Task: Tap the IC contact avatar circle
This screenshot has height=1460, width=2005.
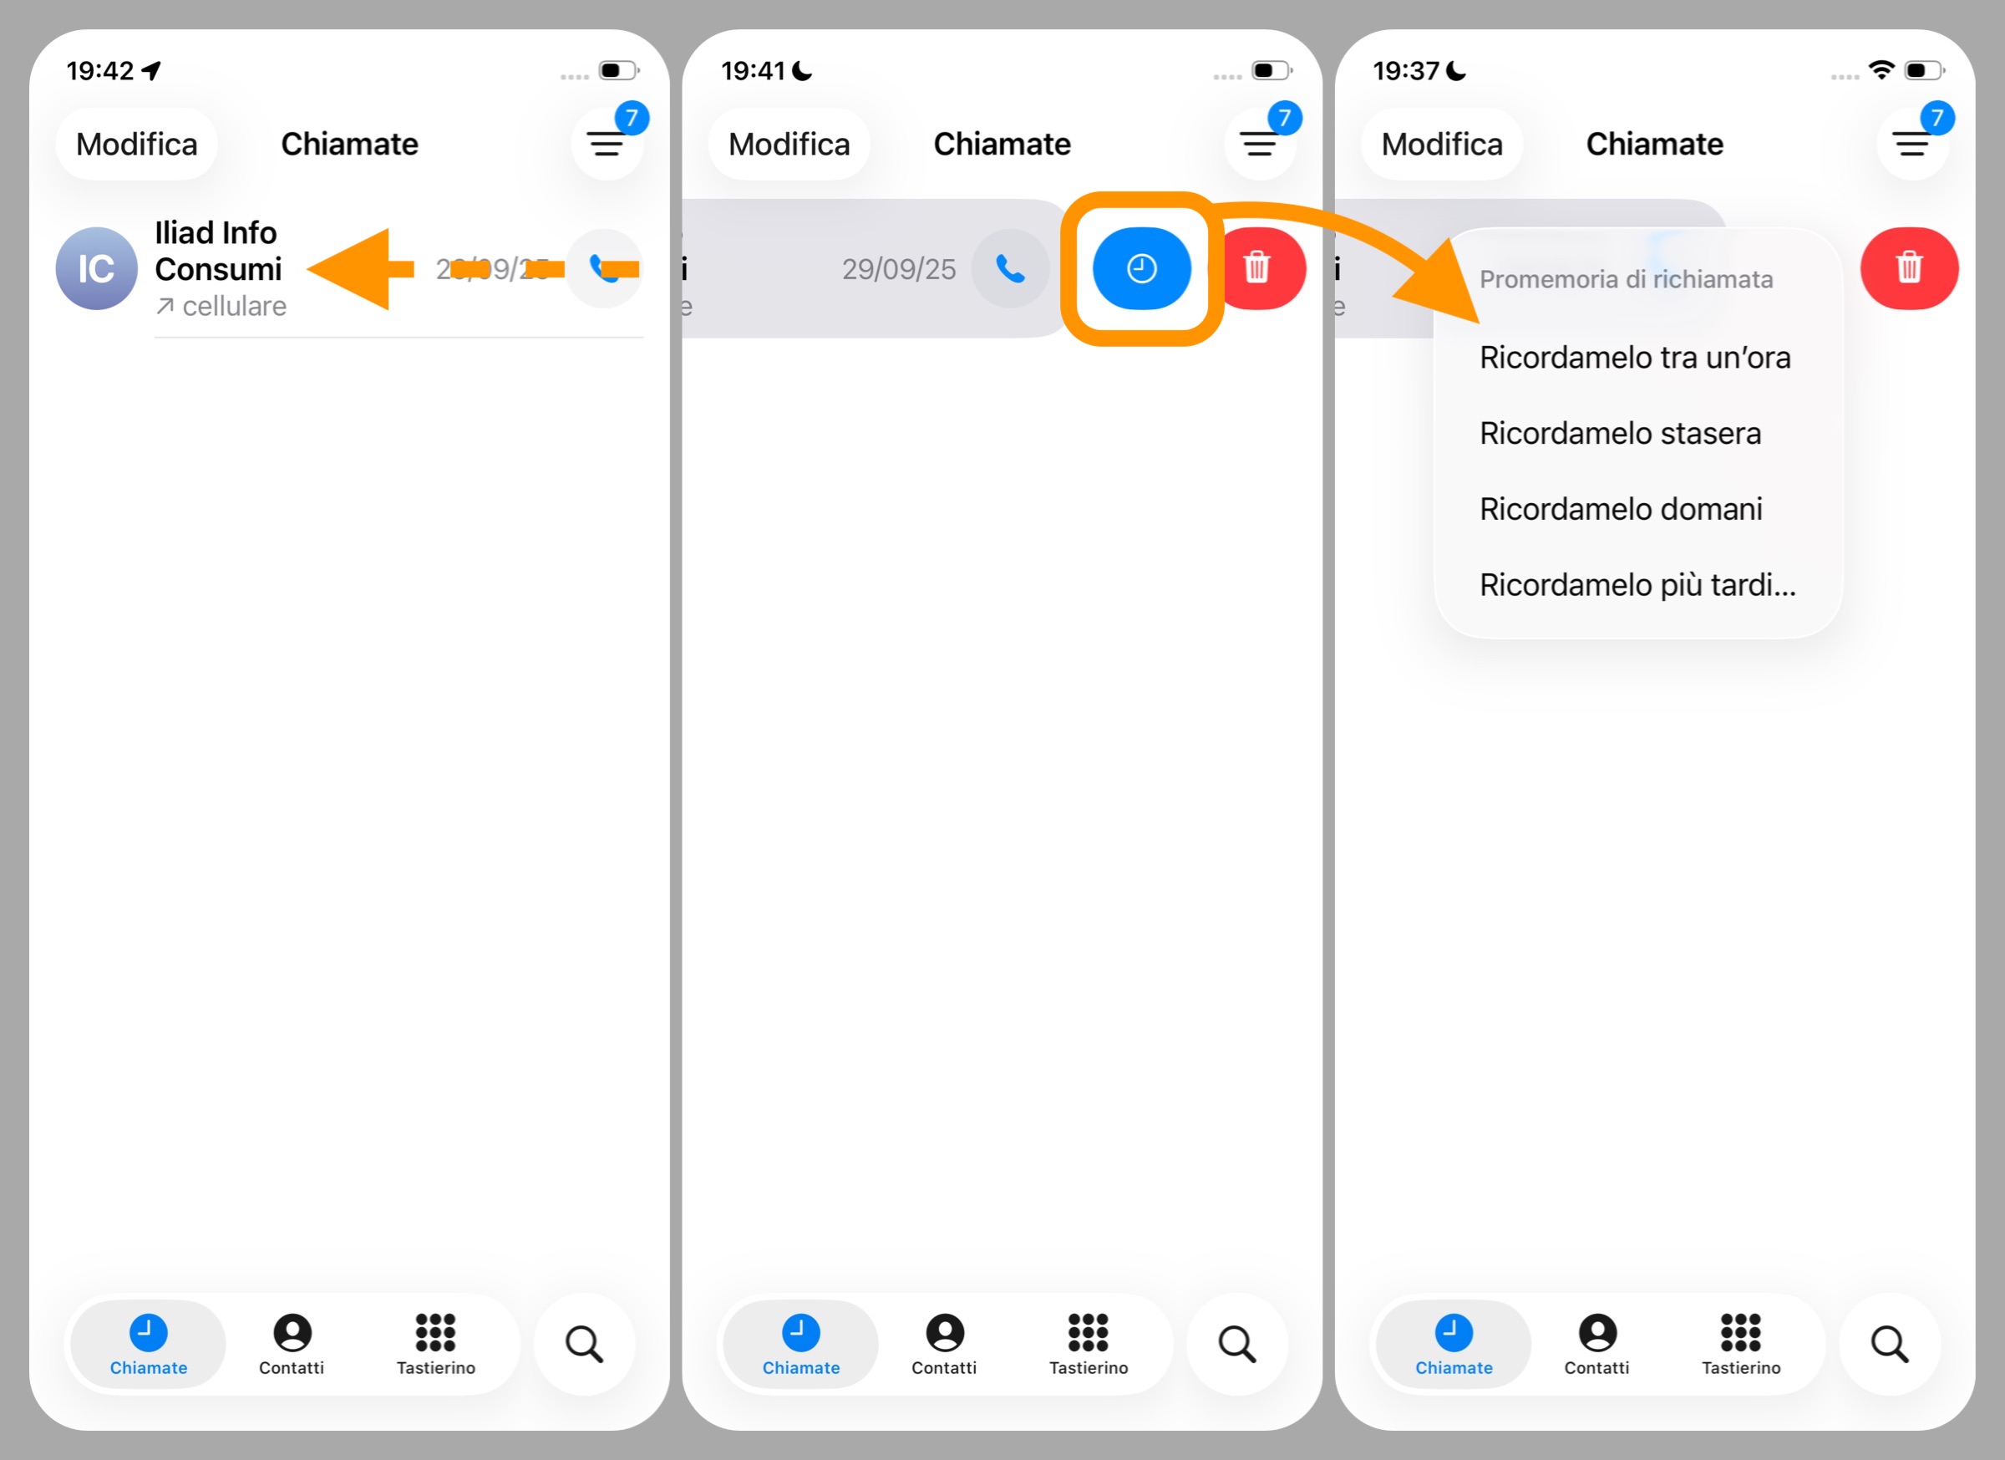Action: [96, 269]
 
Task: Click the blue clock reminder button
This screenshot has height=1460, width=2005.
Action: [1140, 268]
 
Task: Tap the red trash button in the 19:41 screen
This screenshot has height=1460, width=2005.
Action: [1257, 268]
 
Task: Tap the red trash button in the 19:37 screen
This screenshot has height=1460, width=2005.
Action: [1909, 268]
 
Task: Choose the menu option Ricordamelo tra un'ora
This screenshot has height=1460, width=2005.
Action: [1635, 359]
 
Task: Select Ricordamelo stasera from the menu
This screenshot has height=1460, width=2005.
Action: [1620, 433]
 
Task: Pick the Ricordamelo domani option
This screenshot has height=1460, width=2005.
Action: [1621, 509]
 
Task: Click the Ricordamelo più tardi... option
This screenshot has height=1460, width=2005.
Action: [1637, 585]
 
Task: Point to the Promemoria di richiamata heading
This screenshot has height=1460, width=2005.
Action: [1626, 280]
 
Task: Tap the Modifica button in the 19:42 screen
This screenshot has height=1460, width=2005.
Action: [136, 144]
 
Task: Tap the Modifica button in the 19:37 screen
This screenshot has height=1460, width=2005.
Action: [1441, 144]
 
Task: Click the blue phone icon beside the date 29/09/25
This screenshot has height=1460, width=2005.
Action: [1011, 268]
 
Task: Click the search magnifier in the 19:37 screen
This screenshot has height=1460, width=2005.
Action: [1889, 1344]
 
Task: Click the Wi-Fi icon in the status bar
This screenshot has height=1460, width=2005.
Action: [1881, 70]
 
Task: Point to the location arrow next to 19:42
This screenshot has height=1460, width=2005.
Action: [152, 71]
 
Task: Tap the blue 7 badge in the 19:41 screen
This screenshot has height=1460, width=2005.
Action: [1285, 118]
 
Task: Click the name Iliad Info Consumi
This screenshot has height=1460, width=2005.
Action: [217, 252]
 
